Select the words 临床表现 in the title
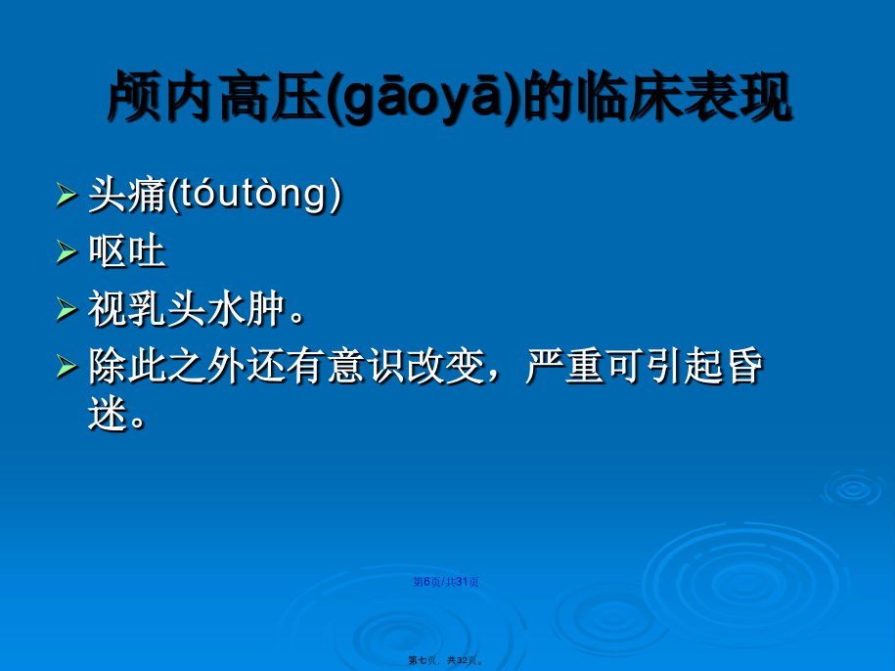click(x=684, y=97)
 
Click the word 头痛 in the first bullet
click(x=127, y=195)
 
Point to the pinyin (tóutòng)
click(x=255, y=195)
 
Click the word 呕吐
click(x=127, y=251)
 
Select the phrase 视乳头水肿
click(x=187, y=309)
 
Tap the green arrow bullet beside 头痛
click(x=67, y=196)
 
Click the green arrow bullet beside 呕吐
click(x=67, y=252)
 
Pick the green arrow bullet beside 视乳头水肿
click(x=67, y=309)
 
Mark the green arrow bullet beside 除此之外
click(x=67, y=366)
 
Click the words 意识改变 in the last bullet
click(x=406, y=366)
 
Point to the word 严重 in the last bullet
click(x=564, y=366)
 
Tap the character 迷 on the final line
click(x=108, y=413)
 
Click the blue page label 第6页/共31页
click(x=446, y=582)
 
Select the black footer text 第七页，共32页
click(x=446, y=661)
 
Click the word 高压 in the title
click(x=273, y=97)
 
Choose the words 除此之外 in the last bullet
click(x=166, y=366)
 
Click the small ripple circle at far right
click(x=853, y=488)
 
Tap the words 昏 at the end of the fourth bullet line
click(x=744, y=366)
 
